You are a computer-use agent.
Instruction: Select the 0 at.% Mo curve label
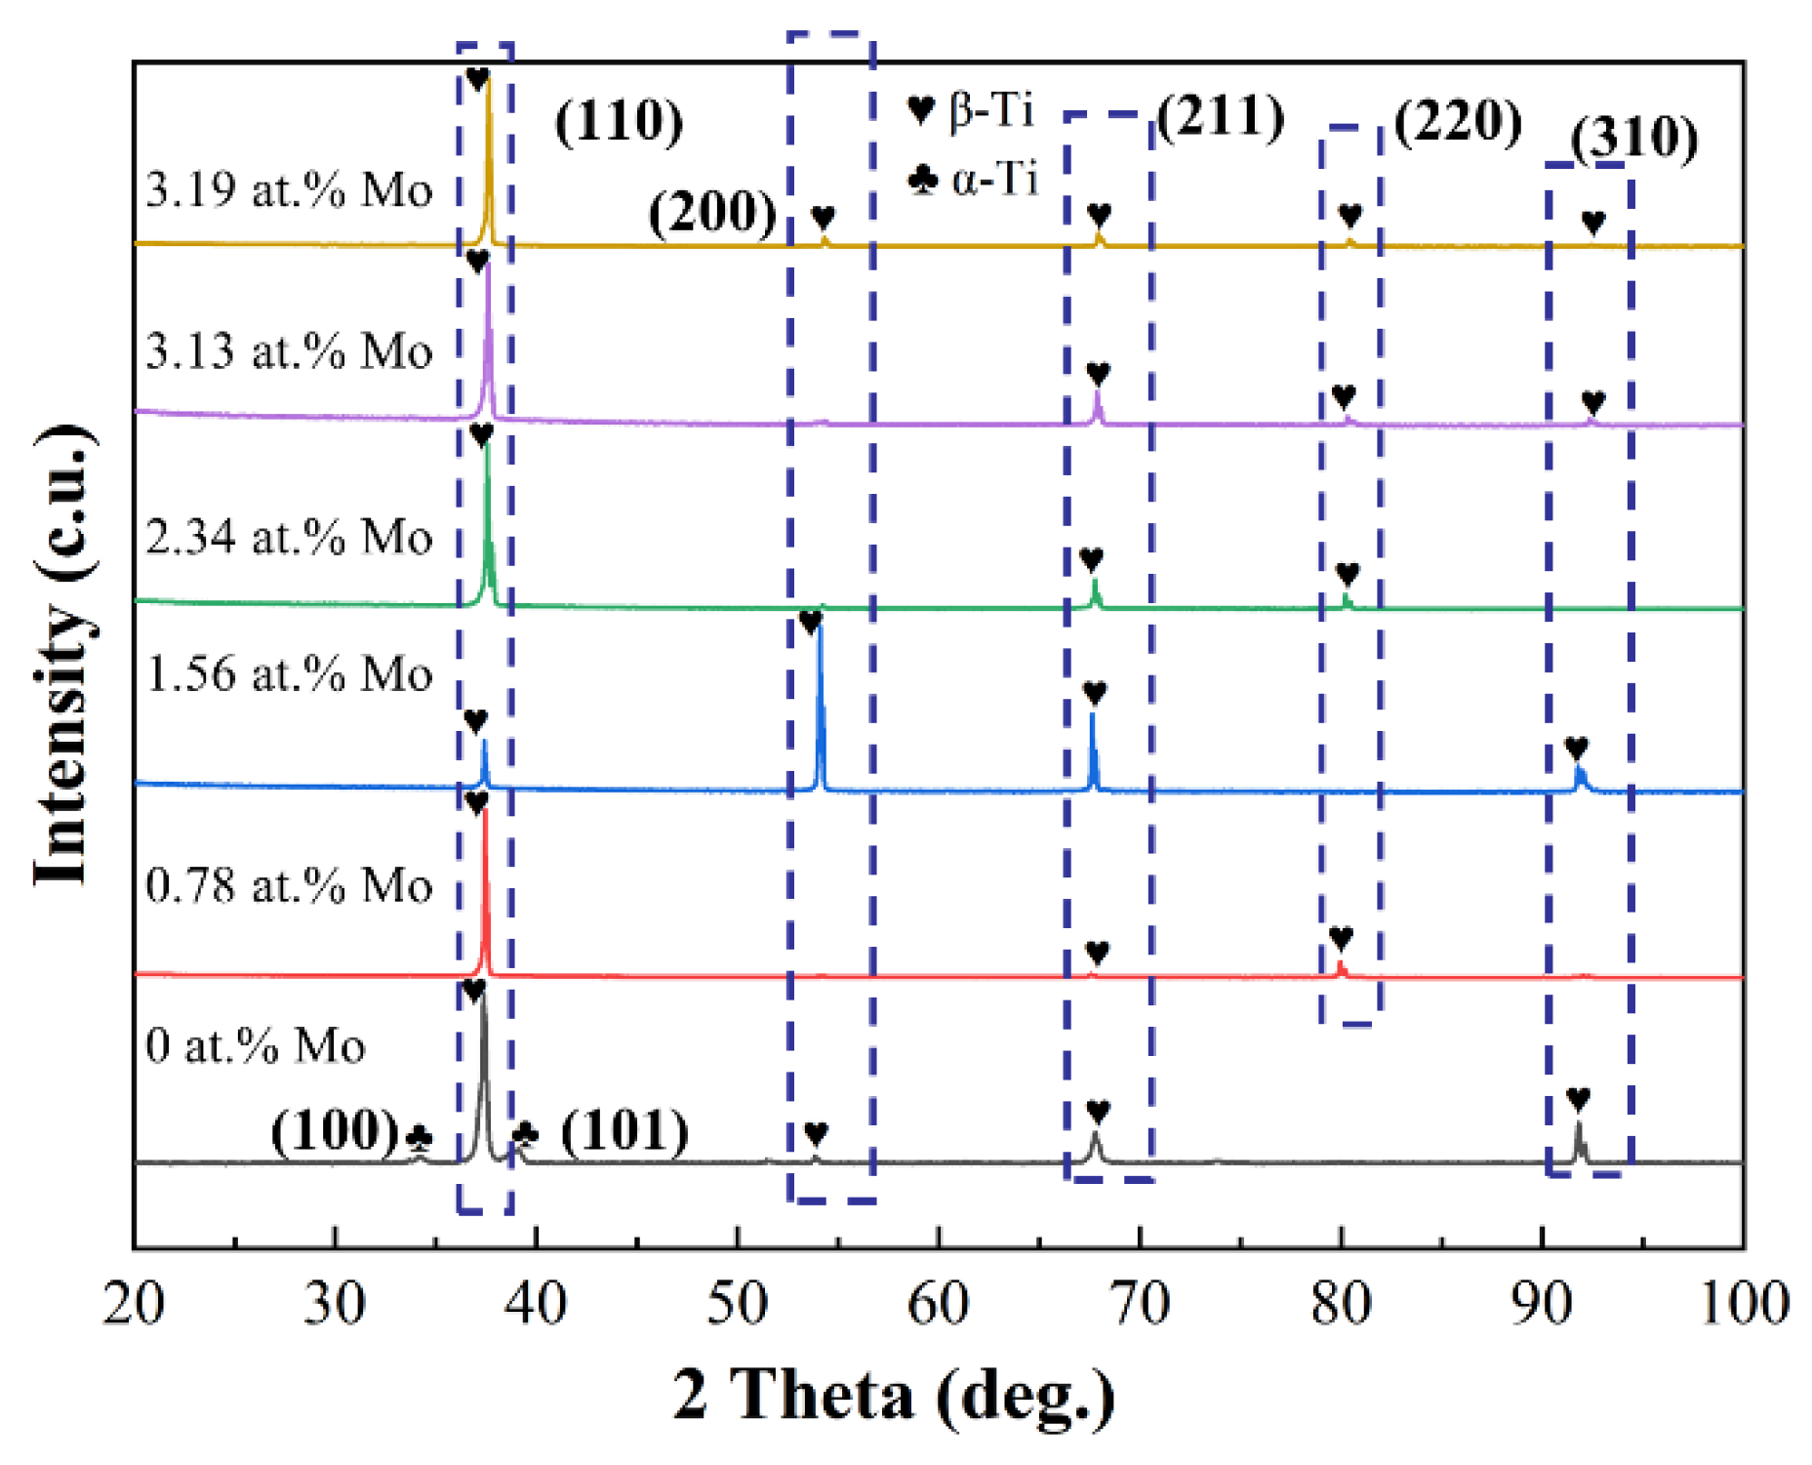tap(255, 1045)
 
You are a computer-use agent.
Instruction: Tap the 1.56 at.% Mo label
tap(289, 673)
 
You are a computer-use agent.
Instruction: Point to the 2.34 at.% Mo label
tap(289, 537)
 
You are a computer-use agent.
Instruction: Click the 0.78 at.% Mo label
tap(289, 885)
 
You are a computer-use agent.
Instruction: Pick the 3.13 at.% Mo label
tap(289, 350)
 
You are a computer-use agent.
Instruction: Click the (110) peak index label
tap(619, 123)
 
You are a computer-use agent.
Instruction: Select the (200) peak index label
tap(712, 213)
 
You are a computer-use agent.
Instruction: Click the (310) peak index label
tap(1634, 138)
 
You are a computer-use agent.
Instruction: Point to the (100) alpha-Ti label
tap(335, 1132)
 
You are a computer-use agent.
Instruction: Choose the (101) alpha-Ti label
tap(624, 1132)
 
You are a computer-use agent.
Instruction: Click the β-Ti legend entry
tap(970, 109)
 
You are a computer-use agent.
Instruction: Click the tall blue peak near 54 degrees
tap(820, 703)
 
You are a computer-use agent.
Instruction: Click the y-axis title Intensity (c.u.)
tap(64, 656)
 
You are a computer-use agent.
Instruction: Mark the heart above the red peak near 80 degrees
tap(1341, 939)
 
